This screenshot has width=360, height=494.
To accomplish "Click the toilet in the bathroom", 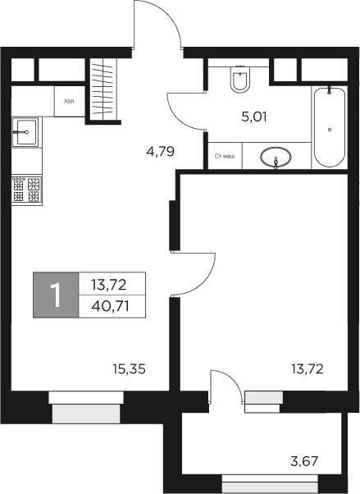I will (x=240, y=80).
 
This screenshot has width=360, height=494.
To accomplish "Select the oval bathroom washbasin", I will (x=275, y=156).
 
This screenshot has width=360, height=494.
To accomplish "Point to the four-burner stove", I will (x=26, y=190).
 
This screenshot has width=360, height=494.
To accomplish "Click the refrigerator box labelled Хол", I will (x=68, y=101).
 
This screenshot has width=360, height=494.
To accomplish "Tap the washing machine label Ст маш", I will (x=225, y=156).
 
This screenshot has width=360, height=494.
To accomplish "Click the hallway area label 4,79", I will (x=162, y=152).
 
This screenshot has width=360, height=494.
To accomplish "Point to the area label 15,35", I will (x=130, y=369).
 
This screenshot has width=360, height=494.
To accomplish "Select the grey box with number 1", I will (x=56, y=295).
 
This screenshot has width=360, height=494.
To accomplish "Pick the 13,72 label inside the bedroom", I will (x=308, y=369).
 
